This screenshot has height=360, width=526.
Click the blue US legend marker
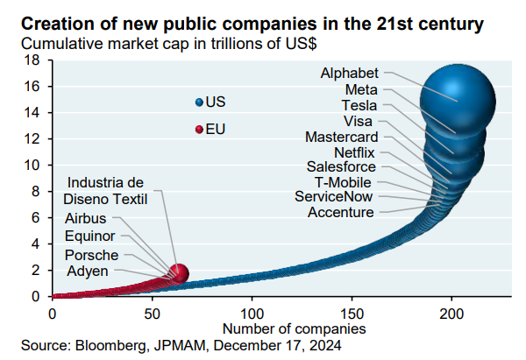click(199, 102)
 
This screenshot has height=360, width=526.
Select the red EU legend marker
click(199, 130)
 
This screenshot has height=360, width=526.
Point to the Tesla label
click(359, 105)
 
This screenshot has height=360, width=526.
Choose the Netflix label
click(355, 152)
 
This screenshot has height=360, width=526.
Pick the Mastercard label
click(342, 137)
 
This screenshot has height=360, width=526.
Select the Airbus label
click(86, 218)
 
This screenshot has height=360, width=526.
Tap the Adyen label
click(87, 272)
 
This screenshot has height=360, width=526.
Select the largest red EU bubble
click(178, 273)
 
